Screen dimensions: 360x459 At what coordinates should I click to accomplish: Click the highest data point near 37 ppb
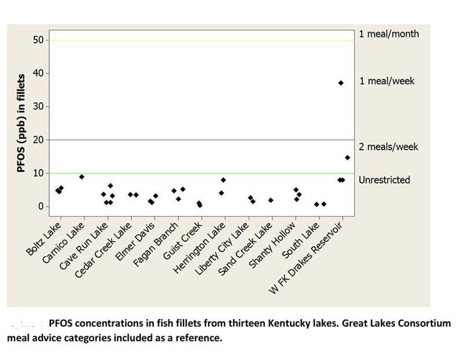[x=341, y=83]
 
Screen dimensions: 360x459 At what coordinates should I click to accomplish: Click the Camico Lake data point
[x=82, y=176]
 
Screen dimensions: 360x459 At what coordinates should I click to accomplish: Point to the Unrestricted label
[x=384, y=180]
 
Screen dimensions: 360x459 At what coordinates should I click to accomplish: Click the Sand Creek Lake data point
[x=271, y=200]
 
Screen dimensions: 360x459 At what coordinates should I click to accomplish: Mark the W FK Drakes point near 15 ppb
[x=347, y=157]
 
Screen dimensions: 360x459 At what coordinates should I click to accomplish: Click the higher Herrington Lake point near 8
[x=224, y=180]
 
